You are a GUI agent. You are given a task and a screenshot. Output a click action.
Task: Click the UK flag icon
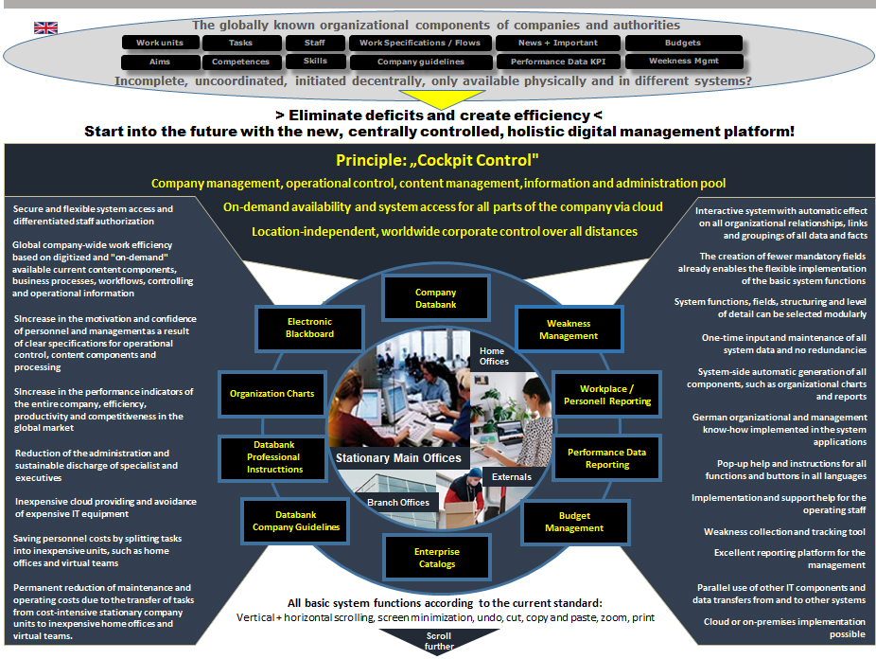coord(45,28)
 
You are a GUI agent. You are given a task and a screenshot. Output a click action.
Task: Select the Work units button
coord(160,43)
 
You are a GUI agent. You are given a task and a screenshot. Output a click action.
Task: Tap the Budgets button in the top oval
coord(683,43)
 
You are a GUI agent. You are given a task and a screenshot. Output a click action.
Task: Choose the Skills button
coord(315,62)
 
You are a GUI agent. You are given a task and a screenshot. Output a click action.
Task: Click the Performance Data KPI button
coord(558,62)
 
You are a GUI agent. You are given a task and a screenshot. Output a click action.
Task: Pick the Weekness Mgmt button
coord(683,62)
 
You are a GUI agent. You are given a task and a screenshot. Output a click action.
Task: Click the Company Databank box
coord(435,298)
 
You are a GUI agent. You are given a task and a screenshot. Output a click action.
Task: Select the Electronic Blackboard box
coord(308,328)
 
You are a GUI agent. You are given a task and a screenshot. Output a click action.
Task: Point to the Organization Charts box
coord(272,394)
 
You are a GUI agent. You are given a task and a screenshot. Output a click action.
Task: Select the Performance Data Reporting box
coord(606,458)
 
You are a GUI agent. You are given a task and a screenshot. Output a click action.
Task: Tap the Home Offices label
coord(493,356)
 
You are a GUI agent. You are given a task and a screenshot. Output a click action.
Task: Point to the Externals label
coord(511,477)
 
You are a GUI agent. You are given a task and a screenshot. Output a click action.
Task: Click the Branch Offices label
coord(399,503)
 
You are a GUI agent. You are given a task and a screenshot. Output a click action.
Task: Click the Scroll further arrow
coord(438,640)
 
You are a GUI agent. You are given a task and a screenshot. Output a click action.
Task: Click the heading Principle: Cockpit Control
coord(436,160)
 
